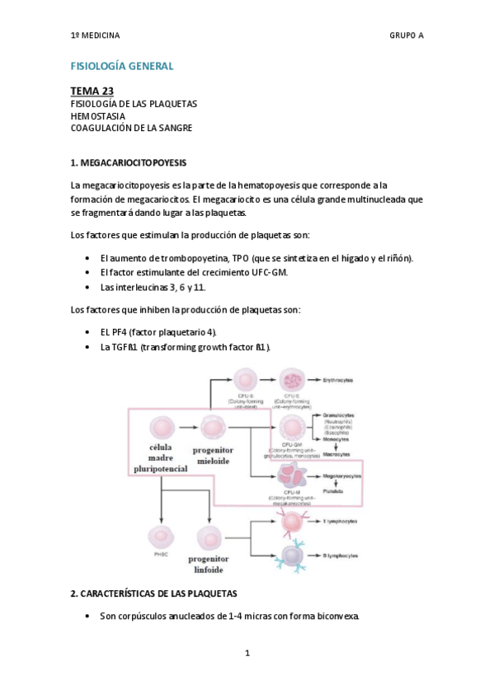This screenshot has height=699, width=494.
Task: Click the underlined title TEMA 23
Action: tap(92, 91)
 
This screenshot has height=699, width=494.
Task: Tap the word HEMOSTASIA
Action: tap(97, 116)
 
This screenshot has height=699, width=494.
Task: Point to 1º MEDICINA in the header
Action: tap(95, 35)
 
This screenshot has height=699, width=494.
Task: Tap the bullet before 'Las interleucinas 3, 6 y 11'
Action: tap(88, 288)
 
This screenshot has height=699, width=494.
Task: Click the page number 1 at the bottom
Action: tap(247, 653)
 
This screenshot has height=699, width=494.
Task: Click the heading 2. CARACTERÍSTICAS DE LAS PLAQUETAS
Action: tap(153, 593)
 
